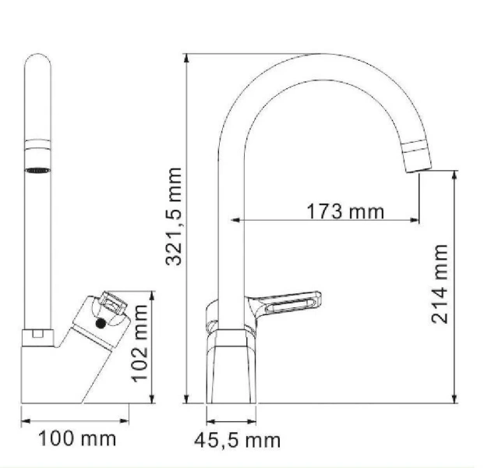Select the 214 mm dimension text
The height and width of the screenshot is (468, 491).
[440, 285]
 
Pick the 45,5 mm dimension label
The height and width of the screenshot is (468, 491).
[237, 441]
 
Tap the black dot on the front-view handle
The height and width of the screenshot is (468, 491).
[99, 322]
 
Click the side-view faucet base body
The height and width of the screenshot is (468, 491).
[231, 367]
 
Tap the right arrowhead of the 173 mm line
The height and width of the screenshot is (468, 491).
[416, 220]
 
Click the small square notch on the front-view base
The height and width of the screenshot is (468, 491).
[37, 336]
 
